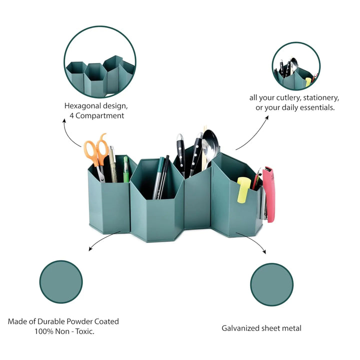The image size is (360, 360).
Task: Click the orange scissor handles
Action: [96, 149]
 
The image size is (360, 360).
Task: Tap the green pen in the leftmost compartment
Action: [126, 169]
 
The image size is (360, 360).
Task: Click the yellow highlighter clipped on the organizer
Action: [243, 190]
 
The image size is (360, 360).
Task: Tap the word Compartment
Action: [99, 115]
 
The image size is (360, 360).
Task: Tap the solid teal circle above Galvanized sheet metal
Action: [271, 284]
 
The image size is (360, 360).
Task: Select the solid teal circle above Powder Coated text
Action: [61, 281]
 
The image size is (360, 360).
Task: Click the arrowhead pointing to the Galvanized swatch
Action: [264, 252]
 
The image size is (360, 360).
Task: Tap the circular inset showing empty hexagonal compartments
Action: [100, 62]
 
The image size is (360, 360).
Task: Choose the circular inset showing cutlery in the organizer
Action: [296, 66]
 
